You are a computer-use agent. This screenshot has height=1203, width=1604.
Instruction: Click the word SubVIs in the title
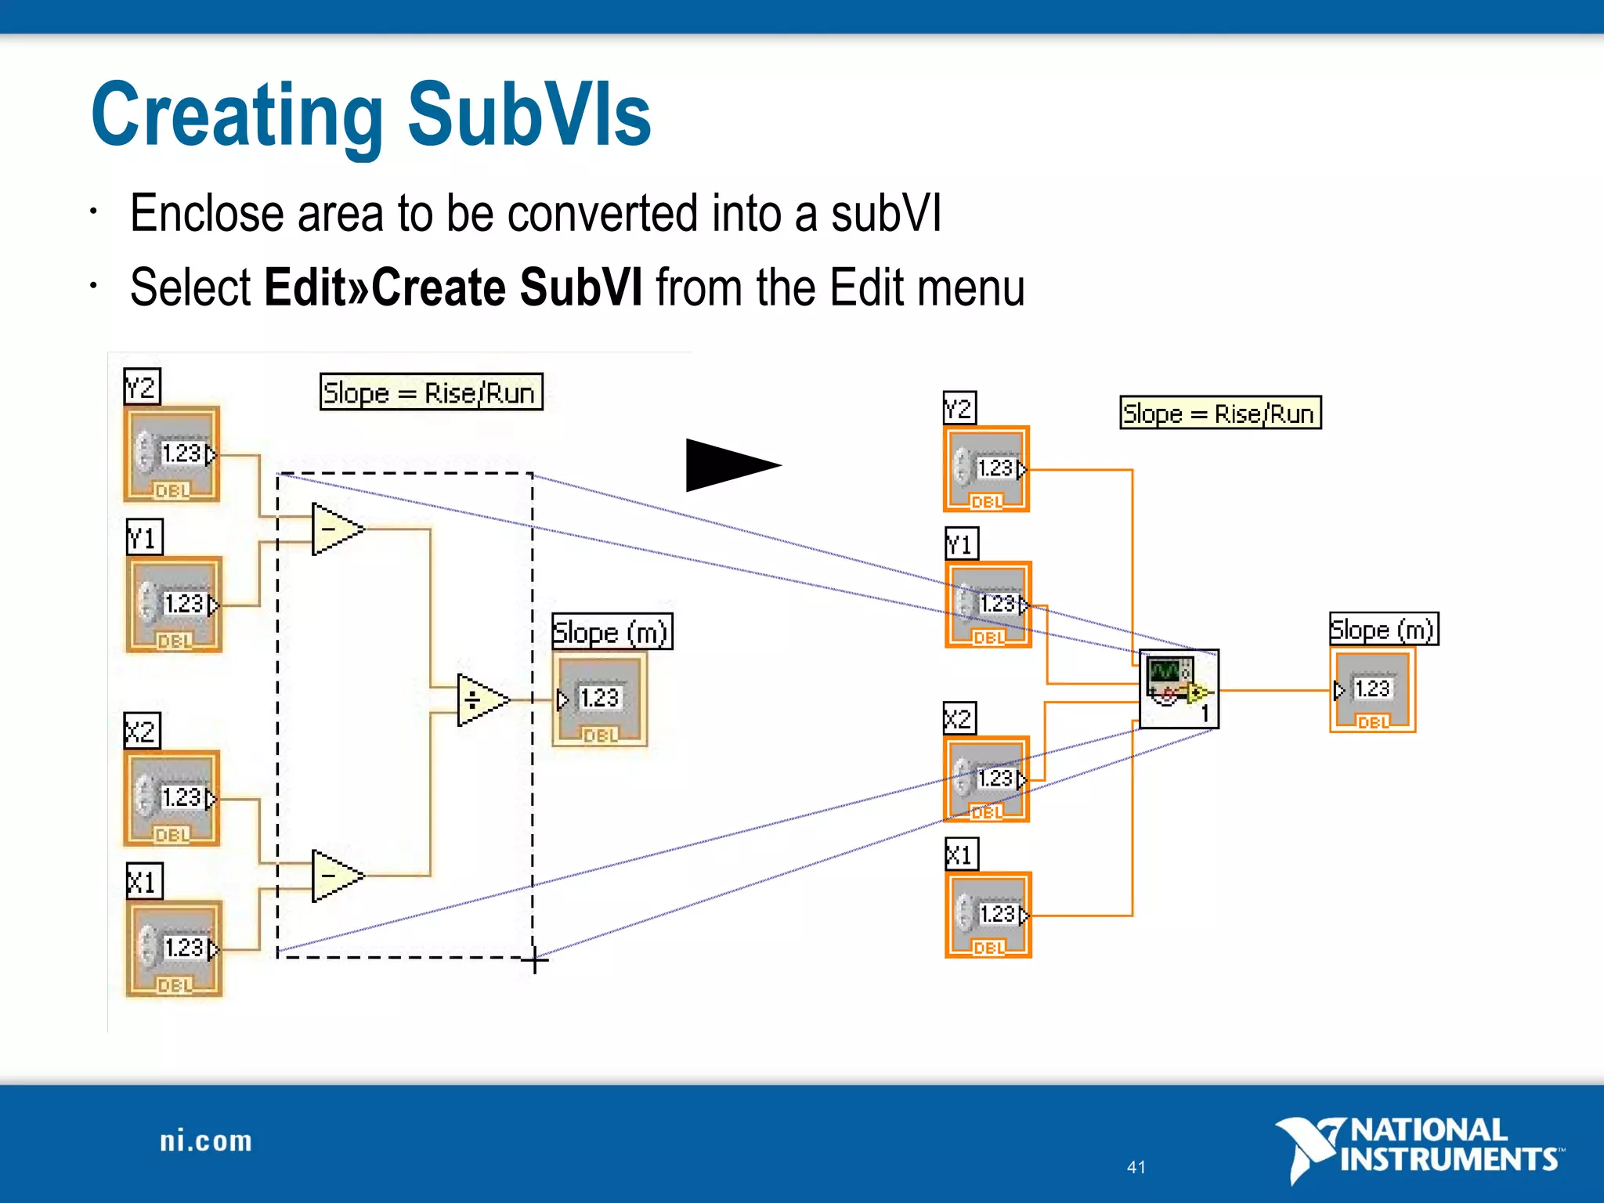tap(529, 116)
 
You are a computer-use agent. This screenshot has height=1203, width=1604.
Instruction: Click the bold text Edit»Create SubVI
tap(453, 287)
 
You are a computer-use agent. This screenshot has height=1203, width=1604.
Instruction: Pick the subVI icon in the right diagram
tap(1178, 688)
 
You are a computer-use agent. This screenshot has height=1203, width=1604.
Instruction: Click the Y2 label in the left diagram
tap(142, 387)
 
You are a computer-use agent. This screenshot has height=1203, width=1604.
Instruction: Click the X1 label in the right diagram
tap(961, 854)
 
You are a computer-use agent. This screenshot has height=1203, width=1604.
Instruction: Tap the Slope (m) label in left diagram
tap(612, 631)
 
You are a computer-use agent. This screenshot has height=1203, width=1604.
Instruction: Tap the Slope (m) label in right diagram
tap(1383, 629)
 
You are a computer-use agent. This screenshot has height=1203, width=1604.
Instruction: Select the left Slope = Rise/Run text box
tap(431, 392)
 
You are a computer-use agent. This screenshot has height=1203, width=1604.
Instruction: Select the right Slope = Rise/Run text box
tap(1220, 413)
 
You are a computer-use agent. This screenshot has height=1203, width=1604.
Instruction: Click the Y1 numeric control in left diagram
tap(175, 605)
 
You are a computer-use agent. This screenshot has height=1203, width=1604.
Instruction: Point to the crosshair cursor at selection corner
tap(535, 959)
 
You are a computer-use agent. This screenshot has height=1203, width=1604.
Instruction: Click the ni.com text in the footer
tap(206, 1141)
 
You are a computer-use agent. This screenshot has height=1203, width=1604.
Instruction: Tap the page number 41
tap(1136, 1167)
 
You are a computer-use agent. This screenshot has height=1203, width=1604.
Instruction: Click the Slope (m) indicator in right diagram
tap(1372, 690)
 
